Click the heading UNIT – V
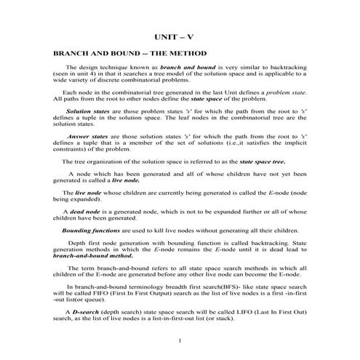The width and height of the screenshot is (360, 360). (x=180, y=36)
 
